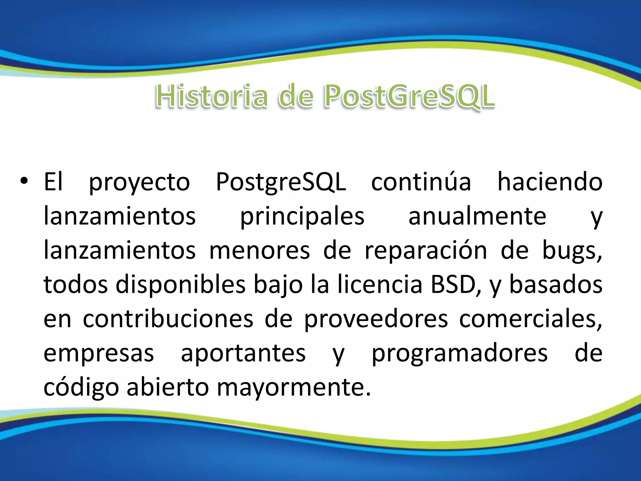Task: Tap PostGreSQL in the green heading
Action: pos(409,96)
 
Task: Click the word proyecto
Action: pos(139,183)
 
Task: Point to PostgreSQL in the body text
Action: pos(281,183)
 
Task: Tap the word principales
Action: pos(302,217)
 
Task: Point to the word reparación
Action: pos(426,251)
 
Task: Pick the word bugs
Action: pos(572,251)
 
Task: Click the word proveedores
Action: pos(376,319)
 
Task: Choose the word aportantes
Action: pos(243,354)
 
